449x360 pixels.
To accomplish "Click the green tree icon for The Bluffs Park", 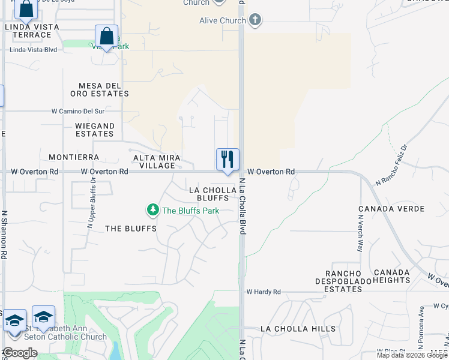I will (153, 210).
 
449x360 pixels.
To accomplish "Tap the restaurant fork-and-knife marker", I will (228, 160).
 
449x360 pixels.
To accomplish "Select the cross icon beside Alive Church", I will (255, 20).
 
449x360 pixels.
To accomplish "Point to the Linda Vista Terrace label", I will (28, 31).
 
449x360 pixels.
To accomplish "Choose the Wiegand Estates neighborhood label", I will (95, 130).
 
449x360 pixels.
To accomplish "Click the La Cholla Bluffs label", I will (209, 193).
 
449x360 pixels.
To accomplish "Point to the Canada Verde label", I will (391, 209).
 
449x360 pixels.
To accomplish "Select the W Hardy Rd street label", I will (264, 292).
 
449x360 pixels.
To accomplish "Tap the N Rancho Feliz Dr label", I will (391, 164).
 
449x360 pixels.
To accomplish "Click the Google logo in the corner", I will (20, 353).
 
